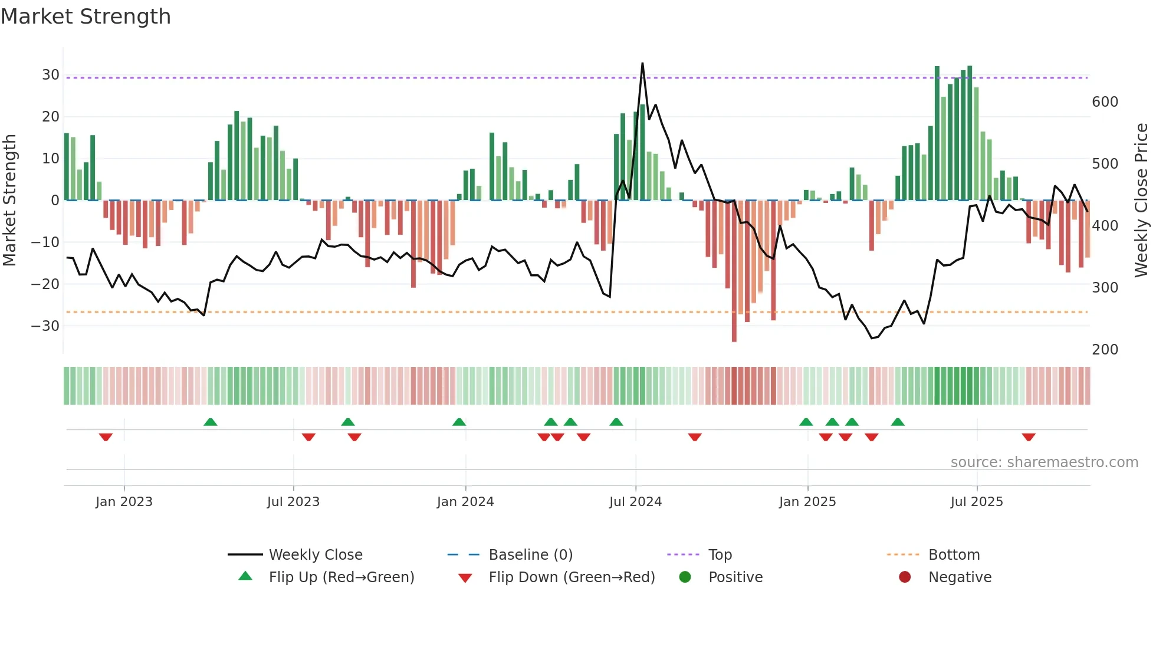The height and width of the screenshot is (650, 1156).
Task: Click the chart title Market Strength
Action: (86, 17)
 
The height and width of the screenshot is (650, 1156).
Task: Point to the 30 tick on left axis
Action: (51, 75)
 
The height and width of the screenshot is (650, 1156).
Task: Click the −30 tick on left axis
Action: (45, 326)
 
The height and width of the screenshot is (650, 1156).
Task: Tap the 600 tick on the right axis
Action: (1105, 102)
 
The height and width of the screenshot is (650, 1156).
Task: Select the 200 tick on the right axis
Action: (1105, 350)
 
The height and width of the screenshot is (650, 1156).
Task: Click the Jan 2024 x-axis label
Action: (465, 502)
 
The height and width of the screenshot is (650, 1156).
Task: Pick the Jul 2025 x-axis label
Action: (976, 502)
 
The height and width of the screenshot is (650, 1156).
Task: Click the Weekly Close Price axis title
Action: (1141, 201)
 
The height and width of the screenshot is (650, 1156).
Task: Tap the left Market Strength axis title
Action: (9, 201)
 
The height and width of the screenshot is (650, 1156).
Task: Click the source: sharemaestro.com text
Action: (1044, 462)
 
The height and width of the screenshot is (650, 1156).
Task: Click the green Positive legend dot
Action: (685, 577)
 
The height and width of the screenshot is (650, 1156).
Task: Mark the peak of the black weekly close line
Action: (642, 64)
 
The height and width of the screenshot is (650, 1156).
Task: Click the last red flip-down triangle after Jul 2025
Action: (1029, 437)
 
